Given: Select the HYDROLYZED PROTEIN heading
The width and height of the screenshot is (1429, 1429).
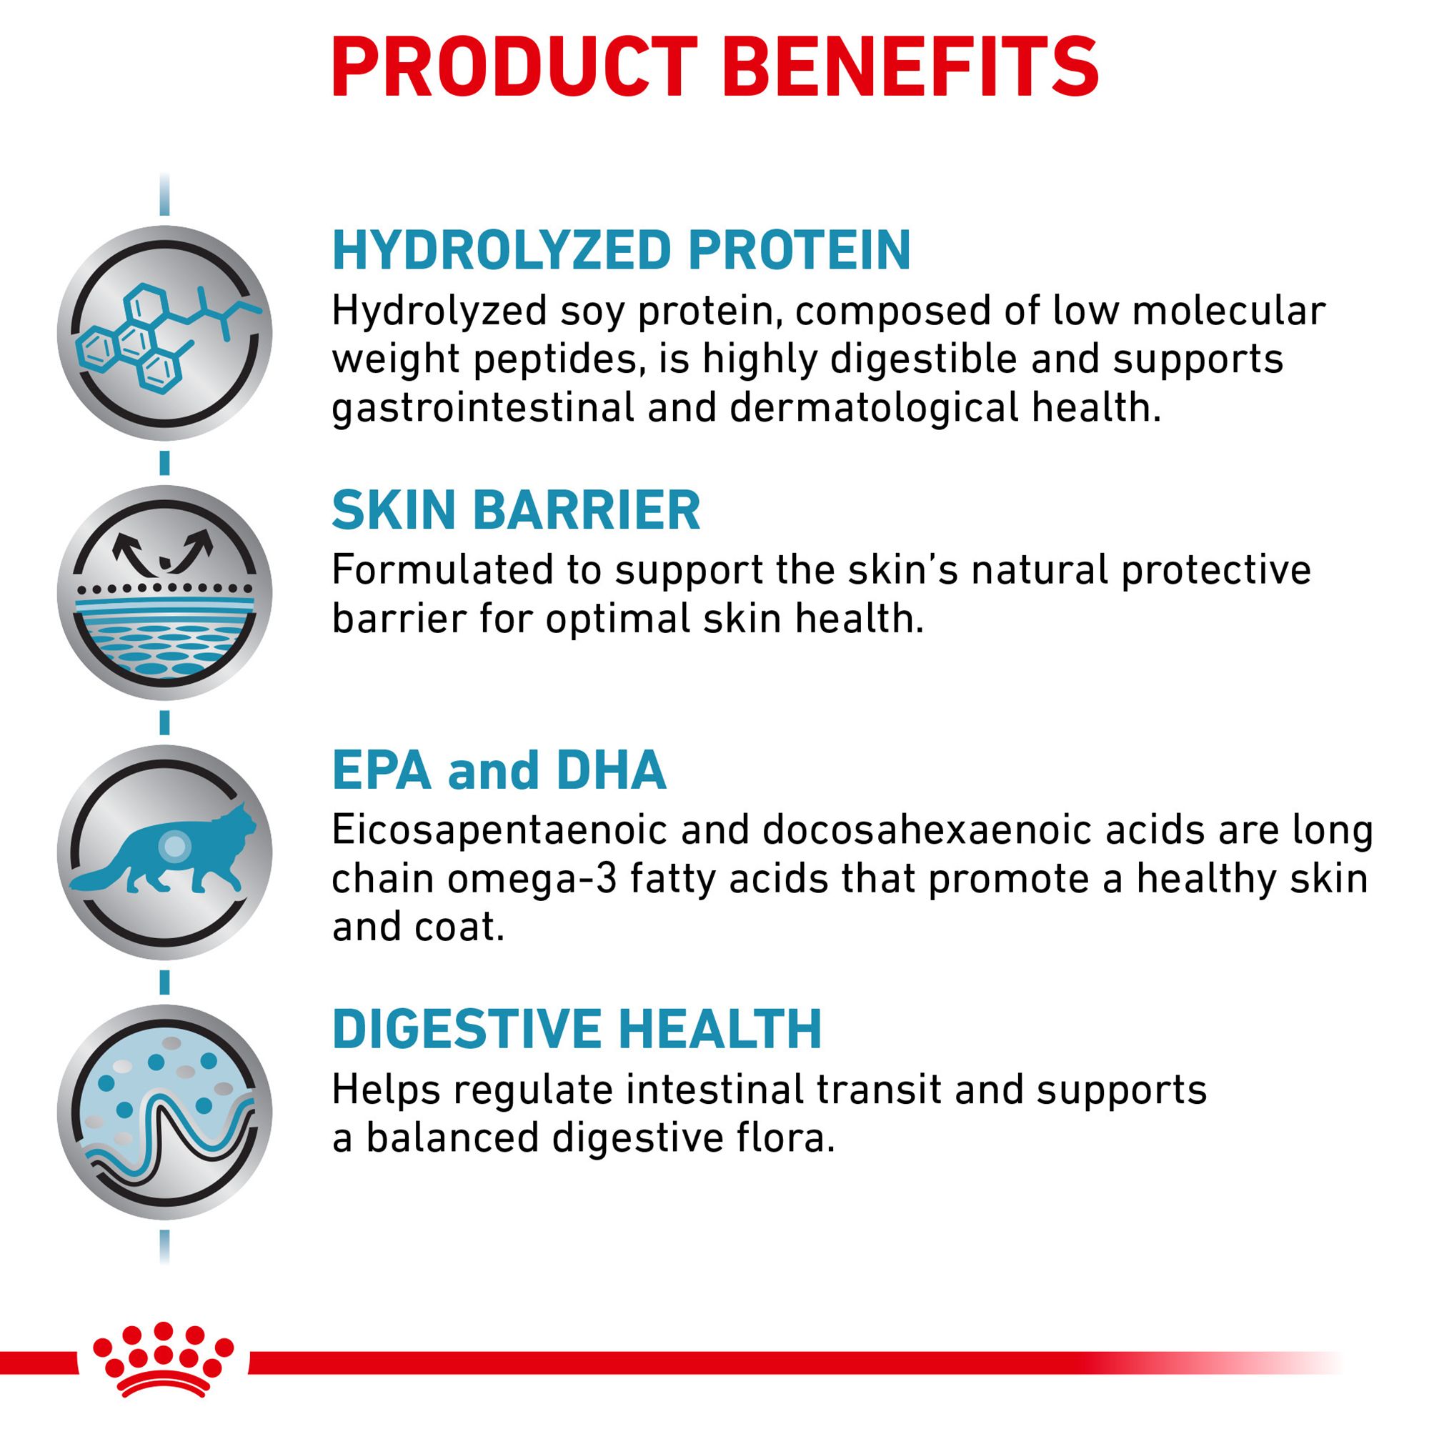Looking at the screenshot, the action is click(x=622, y=252).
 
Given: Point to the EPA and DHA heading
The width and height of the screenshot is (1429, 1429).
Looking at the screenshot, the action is click(x=499, y=770).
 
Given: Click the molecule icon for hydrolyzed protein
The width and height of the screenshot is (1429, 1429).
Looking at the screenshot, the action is click(x=164, y=334).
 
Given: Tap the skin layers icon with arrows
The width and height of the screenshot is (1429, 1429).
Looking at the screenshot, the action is click(x=164, y=592).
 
